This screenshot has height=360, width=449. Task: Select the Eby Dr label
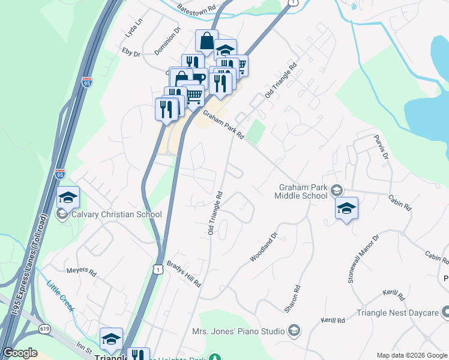point(131,53)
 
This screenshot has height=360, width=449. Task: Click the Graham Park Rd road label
point(223,125)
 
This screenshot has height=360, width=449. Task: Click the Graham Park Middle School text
point(301,191)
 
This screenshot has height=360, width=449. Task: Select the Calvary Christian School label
point(116,214)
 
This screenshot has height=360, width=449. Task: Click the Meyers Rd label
point(82,272)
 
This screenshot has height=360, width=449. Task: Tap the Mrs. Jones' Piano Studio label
point(239,331)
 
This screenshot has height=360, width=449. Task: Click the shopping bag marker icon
point(206,41)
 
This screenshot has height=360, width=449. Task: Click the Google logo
point(20,353)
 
